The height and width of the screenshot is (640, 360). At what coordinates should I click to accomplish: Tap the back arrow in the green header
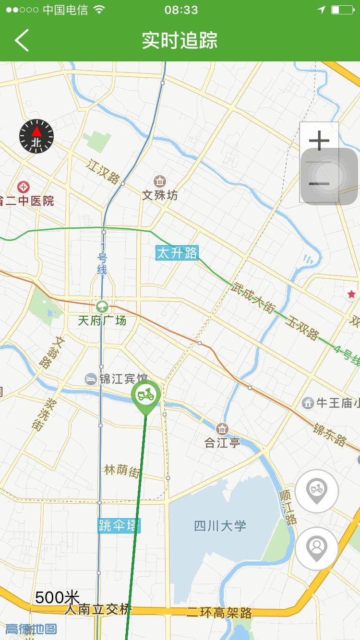pos(22,40)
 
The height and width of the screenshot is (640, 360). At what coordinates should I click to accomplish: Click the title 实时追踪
pos(180,40)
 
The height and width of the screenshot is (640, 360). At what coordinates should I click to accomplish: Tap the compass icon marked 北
pos(36,137)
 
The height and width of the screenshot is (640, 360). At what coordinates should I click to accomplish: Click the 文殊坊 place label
pos(160,195)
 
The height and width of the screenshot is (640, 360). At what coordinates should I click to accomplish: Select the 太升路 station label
pos(177,253)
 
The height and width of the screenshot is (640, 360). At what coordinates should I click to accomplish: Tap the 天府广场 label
pos(102,320)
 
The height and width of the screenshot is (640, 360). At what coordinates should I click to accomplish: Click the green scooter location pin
pos(145,395)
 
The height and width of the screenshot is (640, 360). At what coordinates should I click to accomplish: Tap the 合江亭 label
pos(222,442)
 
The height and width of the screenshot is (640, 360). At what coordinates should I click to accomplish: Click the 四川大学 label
pos(220,526)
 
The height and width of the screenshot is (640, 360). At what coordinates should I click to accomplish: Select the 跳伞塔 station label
pos(119,525)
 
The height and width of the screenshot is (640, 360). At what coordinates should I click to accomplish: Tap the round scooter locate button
pos(317,491)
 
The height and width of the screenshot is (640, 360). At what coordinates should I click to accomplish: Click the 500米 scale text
pos(57,597)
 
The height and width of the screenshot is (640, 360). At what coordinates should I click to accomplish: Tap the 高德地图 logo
pos(31,629)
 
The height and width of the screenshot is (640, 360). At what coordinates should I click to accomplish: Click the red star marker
pos(351,294)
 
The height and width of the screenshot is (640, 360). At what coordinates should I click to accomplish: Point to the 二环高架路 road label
pos(219,613)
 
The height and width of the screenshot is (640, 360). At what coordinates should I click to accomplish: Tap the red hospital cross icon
pos(23,187)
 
